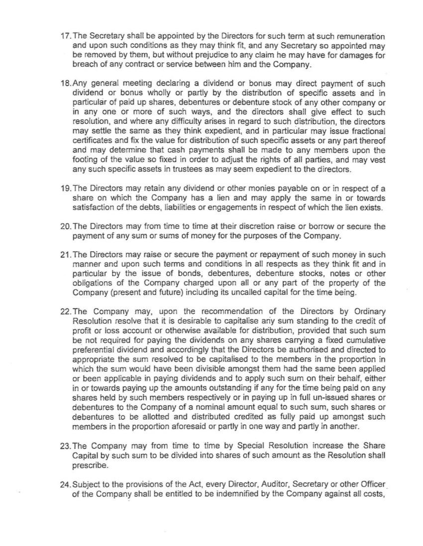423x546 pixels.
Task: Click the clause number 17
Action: pos(65,37)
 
